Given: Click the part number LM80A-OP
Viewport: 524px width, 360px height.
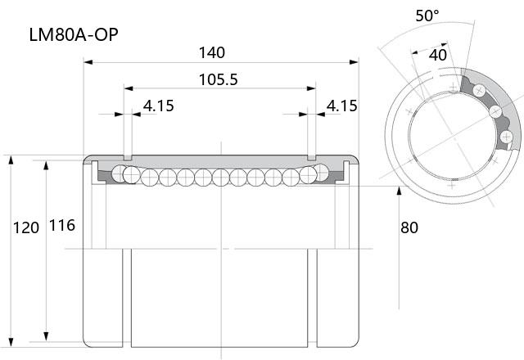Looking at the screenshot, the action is click(x=74, y=34).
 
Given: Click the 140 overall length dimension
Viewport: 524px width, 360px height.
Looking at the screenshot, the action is click(x=212, y=52).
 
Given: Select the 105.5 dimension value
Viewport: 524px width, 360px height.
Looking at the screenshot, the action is click(x=219, y=80).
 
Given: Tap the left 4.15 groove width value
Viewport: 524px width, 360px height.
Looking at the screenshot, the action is click(x=159, y=106).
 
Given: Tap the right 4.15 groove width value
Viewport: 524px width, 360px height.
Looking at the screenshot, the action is click(x=342, y=106).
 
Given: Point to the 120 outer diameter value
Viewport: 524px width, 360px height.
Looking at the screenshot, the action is click(x=26, y=228).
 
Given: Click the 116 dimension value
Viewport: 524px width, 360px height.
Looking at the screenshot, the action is click(x=62, y=226).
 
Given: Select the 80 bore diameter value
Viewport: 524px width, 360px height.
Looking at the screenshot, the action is click(x=409, y=227).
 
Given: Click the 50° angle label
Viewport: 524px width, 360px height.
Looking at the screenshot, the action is click(x=427, y=16).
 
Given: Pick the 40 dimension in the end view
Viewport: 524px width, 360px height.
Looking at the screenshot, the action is click(x=438, y=55).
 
